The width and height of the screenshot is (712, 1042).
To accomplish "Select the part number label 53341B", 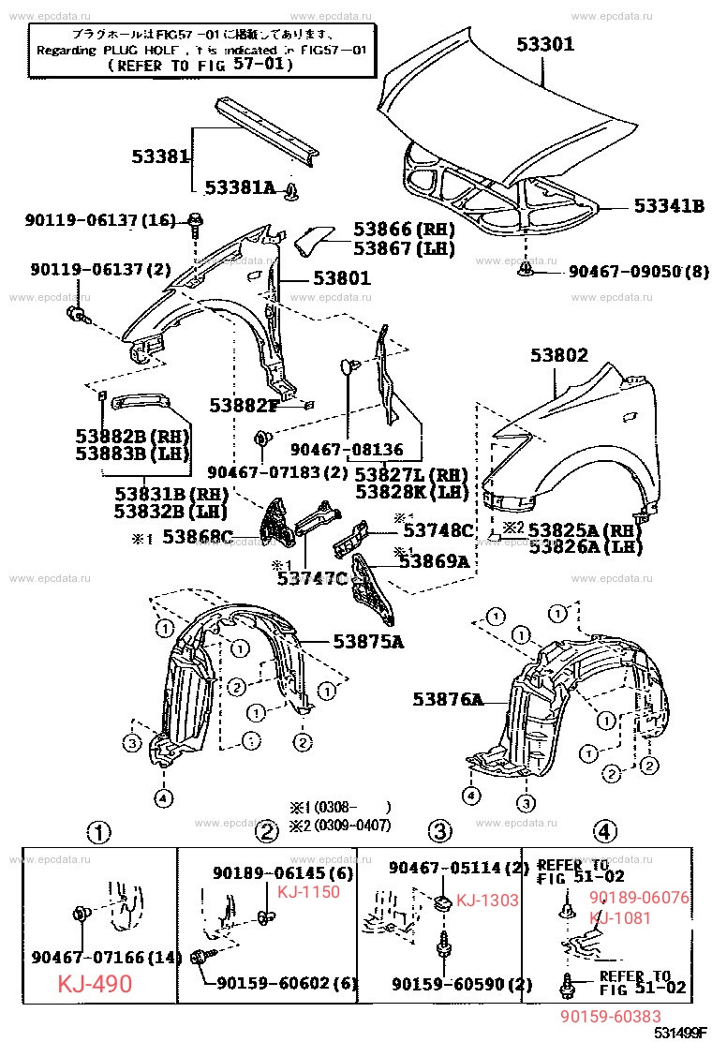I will pyautogui.click(x=668, y=205).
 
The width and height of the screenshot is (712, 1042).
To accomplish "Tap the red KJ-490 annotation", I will pyautogui.click(x=95, y=984).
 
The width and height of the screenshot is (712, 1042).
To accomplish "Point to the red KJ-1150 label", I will pyautogui.click(x=309, y=891).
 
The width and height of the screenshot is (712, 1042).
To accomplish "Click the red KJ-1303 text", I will pyautogui.click(x=486, y=901).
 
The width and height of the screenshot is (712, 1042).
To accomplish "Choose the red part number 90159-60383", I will pyautogui.click(x=610, y=1017).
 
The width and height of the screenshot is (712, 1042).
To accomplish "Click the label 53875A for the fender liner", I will pyautogui.click(x=368, y=642).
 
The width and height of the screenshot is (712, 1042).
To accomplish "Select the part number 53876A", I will pyautogui.click(x=448, y=699).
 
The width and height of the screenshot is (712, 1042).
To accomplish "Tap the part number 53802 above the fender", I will pyautogui.click(x=558, y=355).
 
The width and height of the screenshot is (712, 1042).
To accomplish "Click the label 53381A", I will pyautogui.click(x=240, y=187).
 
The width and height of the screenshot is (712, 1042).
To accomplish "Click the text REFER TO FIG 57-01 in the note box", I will pyautogui.click(x=200, y=66).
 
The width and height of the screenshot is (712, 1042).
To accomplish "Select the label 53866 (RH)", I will pyautogui.click(x=403, y=230).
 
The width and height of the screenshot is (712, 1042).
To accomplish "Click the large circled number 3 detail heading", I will pyautogui.click(x=439, y=830).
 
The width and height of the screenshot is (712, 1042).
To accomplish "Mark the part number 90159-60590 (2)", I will pyautogui.click(x=461, y=984).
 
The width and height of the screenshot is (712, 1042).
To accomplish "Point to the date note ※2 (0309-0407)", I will pyautogui.click(x=339, y=825).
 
